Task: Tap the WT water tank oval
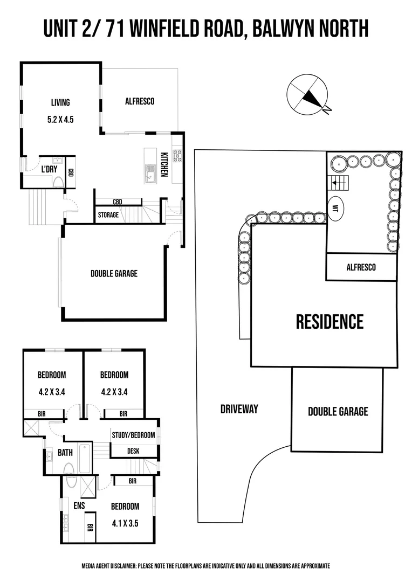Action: tap(336, 209)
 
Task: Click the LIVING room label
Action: tap(60, 102)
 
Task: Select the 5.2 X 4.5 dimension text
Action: tap(60, 120)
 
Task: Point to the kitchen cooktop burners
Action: tap(177, 156)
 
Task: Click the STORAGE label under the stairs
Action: tap(108, 215)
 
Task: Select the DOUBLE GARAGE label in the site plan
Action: tap(338, 411)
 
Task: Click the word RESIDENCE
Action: tap(329, 321)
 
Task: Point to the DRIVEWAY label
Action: tap(239, 409)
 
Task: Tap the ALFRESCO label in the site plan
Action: tap(361, 267)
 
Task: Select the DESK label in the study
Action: tap(133, 451)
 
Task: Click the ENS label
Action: tap(79, 505)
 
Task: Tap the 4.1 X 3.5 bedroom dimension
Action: tap(125, 523)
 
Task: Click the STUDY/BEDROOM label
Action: tap(133, 435)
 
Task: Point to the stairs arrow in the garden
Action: tap(338, 183)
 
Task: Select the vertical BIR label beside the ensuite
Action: tap(90, 527)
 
